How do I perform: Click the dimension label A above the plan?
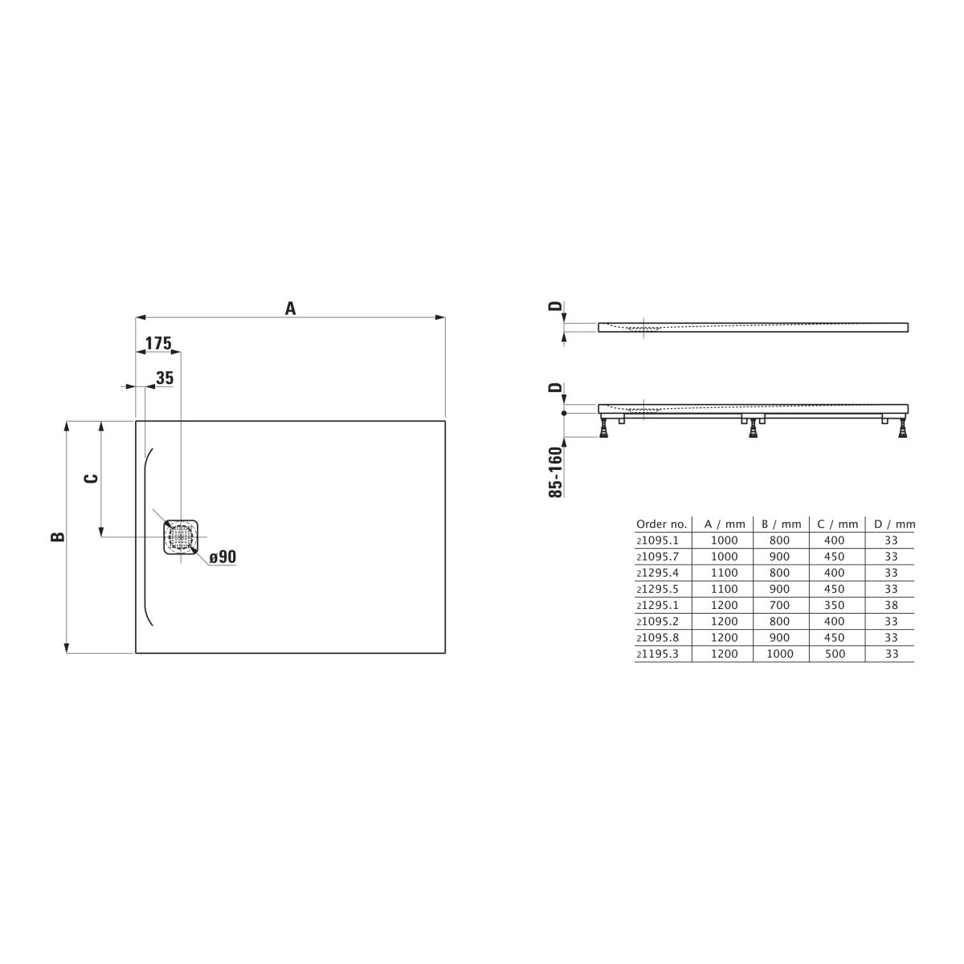290,308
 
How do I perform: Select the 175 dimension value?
158,343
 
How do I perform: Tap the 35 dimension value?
165,378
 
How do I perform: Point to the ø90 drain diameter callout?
223,556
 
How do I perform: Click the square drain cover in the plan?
181,537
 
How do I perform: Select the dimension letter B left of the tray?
58,537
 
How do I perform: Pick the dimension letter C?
91,478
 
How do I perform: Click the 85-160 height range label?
555,472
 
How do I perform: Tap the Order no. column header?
661,525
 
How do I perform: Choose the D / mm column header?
894,525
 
